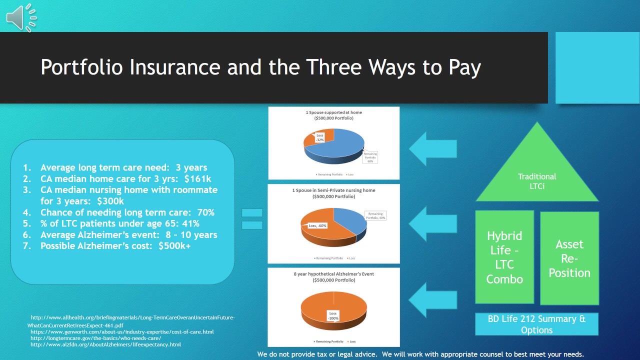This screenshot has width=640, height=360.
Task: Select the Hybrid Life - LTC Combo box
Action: coord(504,257)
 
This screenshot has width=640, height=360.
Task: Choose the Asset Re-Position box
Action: coord(569,258)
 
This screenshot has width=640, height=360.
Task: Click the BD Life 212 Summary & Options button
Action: coord(536,324)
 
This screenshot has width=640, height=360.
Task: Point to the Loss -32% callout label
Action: coord(319,137)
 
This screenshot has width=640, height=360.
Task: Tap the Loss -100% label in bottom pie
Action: coord(333,315)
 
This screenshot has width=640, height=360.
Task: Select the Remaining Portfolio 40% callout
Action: coord(375,215)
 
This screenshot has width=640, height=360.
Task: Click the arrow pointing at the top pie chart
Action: coord(432,148)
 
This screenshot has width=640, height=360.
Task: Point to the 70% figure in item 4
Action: coord(205,212)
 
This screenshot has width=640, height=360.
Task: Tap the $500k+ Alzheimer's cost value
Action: coord(174,246)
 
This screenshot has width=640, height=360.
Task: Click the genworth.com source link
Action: coord(122,331)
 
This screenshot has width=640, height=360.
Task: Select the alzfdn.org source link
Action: coord(105,344)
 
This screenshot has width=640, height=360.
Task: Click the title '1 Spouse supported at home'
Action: coord(333,112)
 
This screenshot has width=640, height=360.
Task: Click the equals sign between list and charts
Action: coord(252,219)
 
